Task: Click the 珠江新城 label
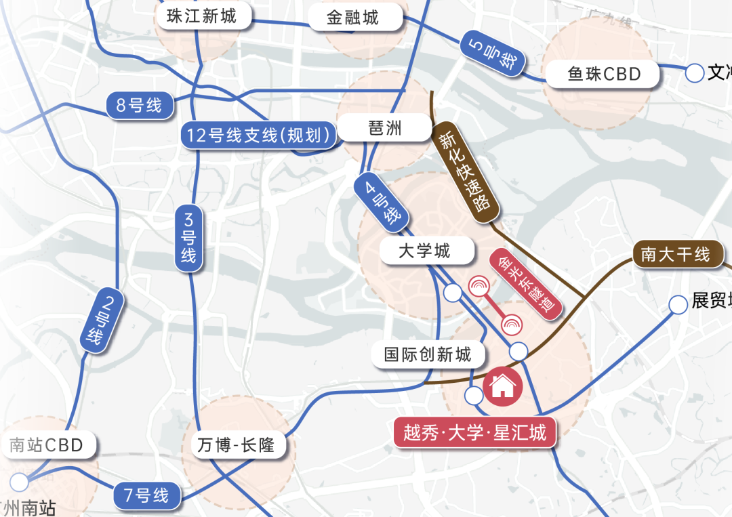(201, 16)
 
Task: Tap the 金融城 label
(352, 18)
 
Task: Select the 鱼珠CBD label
(604, 73)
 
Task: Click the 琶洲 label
(385, 128)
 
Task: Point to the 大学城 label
(424, 251)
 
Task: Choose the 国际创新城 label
(427, 354)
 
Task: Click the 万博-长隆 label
(236, 445)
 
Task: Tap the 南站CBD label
(46, 445)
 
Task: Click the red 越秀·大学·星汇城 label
(474, 432)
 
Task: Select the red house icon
(502, 387)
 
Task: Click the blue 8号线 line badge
(139, 106)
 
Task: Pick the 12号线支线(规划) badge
(259, 136)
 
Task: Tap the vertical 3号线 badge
(188, 238)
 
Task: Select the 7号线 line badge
(146, 495)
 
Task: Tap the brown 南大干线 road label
(675, 254)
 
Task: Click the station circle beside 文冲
(695, 73)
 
